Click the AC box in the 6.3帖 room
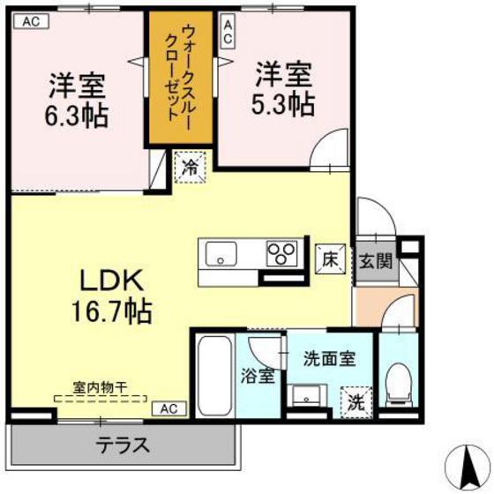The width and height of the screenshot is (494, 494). [x=32, y=21]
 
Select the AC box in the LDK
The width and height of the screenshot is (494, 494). [x=169, y=408]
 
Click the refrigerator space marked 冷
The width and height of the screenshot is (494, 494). [x=191, y=167]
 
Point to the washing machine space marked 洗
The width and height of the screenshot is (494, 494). [x=356, y=402]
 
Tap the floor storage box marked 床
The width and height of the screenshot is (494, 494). [x=331, y=260]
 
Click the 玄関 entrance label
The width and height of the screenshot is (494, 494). [x=376, y=261]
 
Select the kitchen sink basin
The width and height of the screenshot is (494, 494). [x=221, y=254]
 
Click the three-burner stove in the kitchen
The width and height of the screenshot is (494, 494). [x=281, y=253]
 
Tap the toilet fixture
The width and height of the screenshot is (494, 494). [x=399, y=385]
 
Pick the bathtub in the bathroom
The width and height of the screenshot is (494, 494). [x=214, y=377]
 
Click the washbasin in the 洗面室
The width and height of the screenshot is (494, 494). [x=307, y=395]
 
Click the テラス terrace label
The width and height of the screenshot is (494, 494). [x=123, y=445]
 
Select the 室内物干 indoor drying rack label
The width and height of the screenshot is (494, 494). [x=100, y=387]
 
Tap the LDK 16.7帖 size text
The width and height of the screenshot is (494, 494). [x=112, y=296]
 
